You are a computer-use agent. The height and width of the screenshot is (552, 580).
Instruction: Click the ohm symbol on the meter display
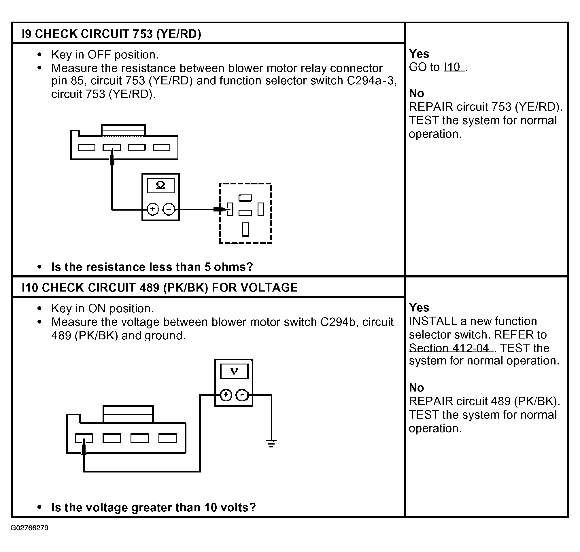coord(160,185)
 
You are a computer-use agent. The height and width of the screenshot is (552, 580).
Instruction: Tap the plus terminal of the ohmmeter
coord(153,209)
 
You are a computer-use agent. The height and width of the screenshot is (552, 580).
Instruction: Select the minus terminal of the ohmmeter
coord(169,209)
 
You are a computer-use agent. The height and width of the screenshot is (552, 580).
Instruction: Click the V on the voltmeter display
coord(234,371)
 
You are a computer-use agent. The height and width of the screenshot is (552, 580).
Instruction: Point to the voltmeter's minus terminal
coord(242,395)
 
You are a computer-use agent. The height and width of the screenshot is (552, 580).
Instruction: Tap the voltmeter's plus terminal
coord(226,395)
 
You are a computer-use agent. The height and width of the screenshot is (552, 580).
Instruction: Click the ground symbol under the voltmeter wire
coord(271,443)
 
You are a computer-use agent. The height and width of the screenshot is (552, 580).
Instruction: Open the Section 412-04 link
coord(451,348)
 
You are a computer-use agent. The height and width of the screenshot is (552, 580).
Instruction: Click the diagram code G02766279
coord(29,536)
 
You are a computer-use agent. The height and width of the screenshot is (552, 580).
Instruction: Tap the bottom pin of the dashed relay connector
coord(245,230)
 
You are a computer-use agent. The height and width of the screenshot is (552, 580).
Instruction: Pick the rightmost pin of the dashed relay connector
coord(261,209)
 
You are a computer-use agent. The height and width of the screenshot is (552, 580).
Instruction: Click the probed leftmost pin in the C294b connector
coord(84,438)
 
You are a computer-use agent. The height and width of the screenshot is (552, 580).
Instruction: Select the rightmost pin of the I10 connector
coord(167,438)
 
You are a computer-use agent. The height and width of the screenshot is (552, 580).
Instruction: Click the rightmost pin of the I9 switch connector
coord(162,148)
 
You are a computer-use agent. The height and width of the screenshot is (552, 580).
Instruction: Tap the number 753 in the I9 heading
coord(143,34)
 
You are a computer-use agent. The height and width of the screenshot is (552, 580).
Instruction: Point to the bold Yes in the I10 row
coord(419,307)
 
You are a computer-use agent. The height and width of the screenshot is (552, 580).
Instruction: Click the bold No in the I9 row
coord(416,93)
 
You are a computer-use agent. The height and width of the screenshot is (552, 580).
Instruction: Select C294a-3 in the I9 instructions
coord(370,81)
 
